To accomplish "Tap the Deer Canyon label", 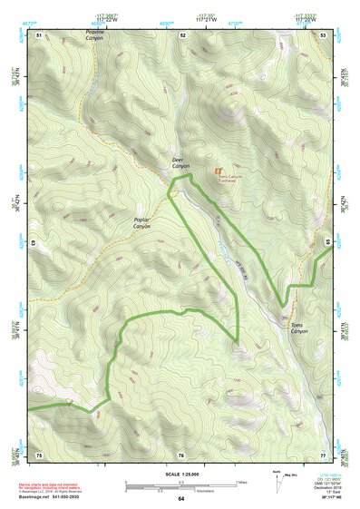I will click(181, 164).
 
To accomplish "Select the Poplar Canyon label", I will click(141, 222).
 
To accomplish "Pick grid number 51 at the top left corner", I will click(39, 34).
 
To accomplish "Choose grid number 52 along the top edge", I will click(182, 34).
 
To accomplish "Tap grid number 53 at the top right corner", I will click(323, 34).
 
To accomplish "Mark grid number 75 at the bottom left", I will click(39, 453).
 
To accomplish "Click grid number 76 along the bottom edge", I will click(181, 454).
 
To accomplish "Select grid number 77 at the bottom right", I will click(323, 453).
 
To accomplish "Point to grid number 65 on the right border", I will click(325, 243).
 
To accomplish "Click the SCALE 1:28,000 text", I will click(180, 474).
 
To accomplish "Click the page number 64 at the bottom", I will click(180, 498).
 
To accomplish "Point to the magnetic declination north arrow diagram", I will click(277, 482).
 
